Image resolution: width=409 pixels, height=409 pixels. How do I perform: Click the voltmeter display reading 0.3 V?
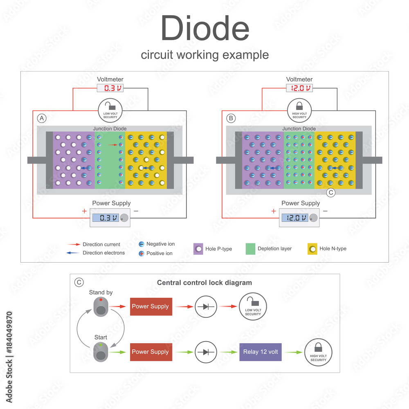tap(110, 88)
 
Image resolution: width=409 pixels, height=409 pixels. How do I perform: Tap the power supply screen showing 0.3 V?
tap(105, 218)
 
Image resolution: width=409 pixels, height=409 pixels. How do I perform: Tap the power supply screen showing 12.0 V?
tap(294, 218)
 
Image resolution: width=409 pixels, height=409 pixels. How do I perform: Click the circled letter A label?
tap(42, 118)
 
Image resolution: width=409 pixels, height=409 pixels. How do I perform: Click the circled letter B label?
tap(231, 118)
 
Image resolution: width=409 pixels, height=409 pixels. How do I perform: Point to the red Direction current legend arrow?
tap(74, 244)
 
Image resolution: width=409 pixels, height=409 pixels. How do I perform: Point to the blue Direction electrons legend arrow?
tap(74, 253)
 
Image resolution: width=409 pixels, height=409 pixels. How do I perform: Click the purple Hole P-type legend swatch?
tap(198, 249)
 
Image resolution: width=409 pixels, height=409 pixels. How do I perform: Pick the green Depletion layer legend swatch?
tap(250, 249)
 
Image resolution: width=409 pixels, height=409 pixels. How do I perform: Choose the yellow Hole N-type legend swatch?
tap(312, 249)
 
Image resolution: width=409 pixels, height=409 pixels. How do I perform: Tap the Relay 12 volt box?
tap(260, 352)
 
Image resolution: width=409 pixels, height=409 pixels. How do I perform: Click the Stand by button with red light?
tap(100, 307)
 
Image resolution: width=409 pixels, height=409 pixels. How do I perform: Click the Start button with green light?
tap(100, 352)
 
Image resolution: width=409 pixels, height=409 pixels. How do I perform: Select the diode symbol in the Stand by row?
tap(206, 306)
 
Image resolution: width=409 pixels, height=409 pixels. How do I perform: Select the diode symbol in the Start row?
tap(206, 352)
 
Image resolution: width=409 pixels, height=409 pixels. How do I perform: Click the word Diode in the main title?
tap(205, 29)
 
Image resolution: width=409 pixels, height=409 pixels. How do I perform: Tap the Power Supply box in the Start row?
tap(151, 352)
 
